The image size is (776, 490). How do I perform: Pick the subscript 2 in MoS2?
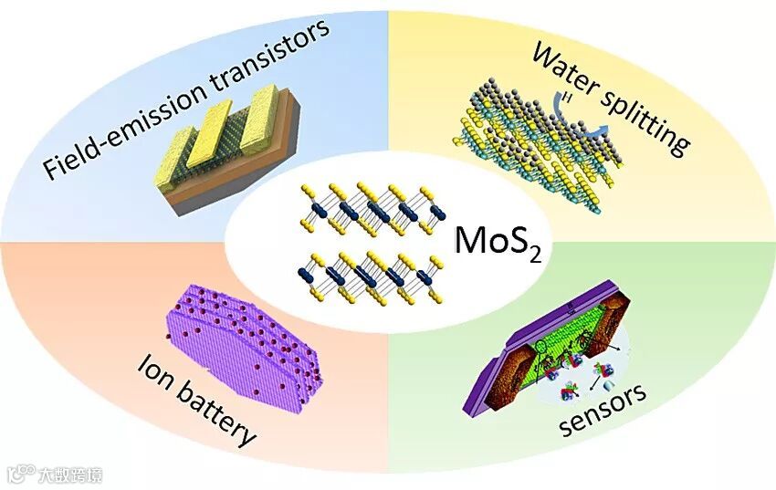tap(534, 254)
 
